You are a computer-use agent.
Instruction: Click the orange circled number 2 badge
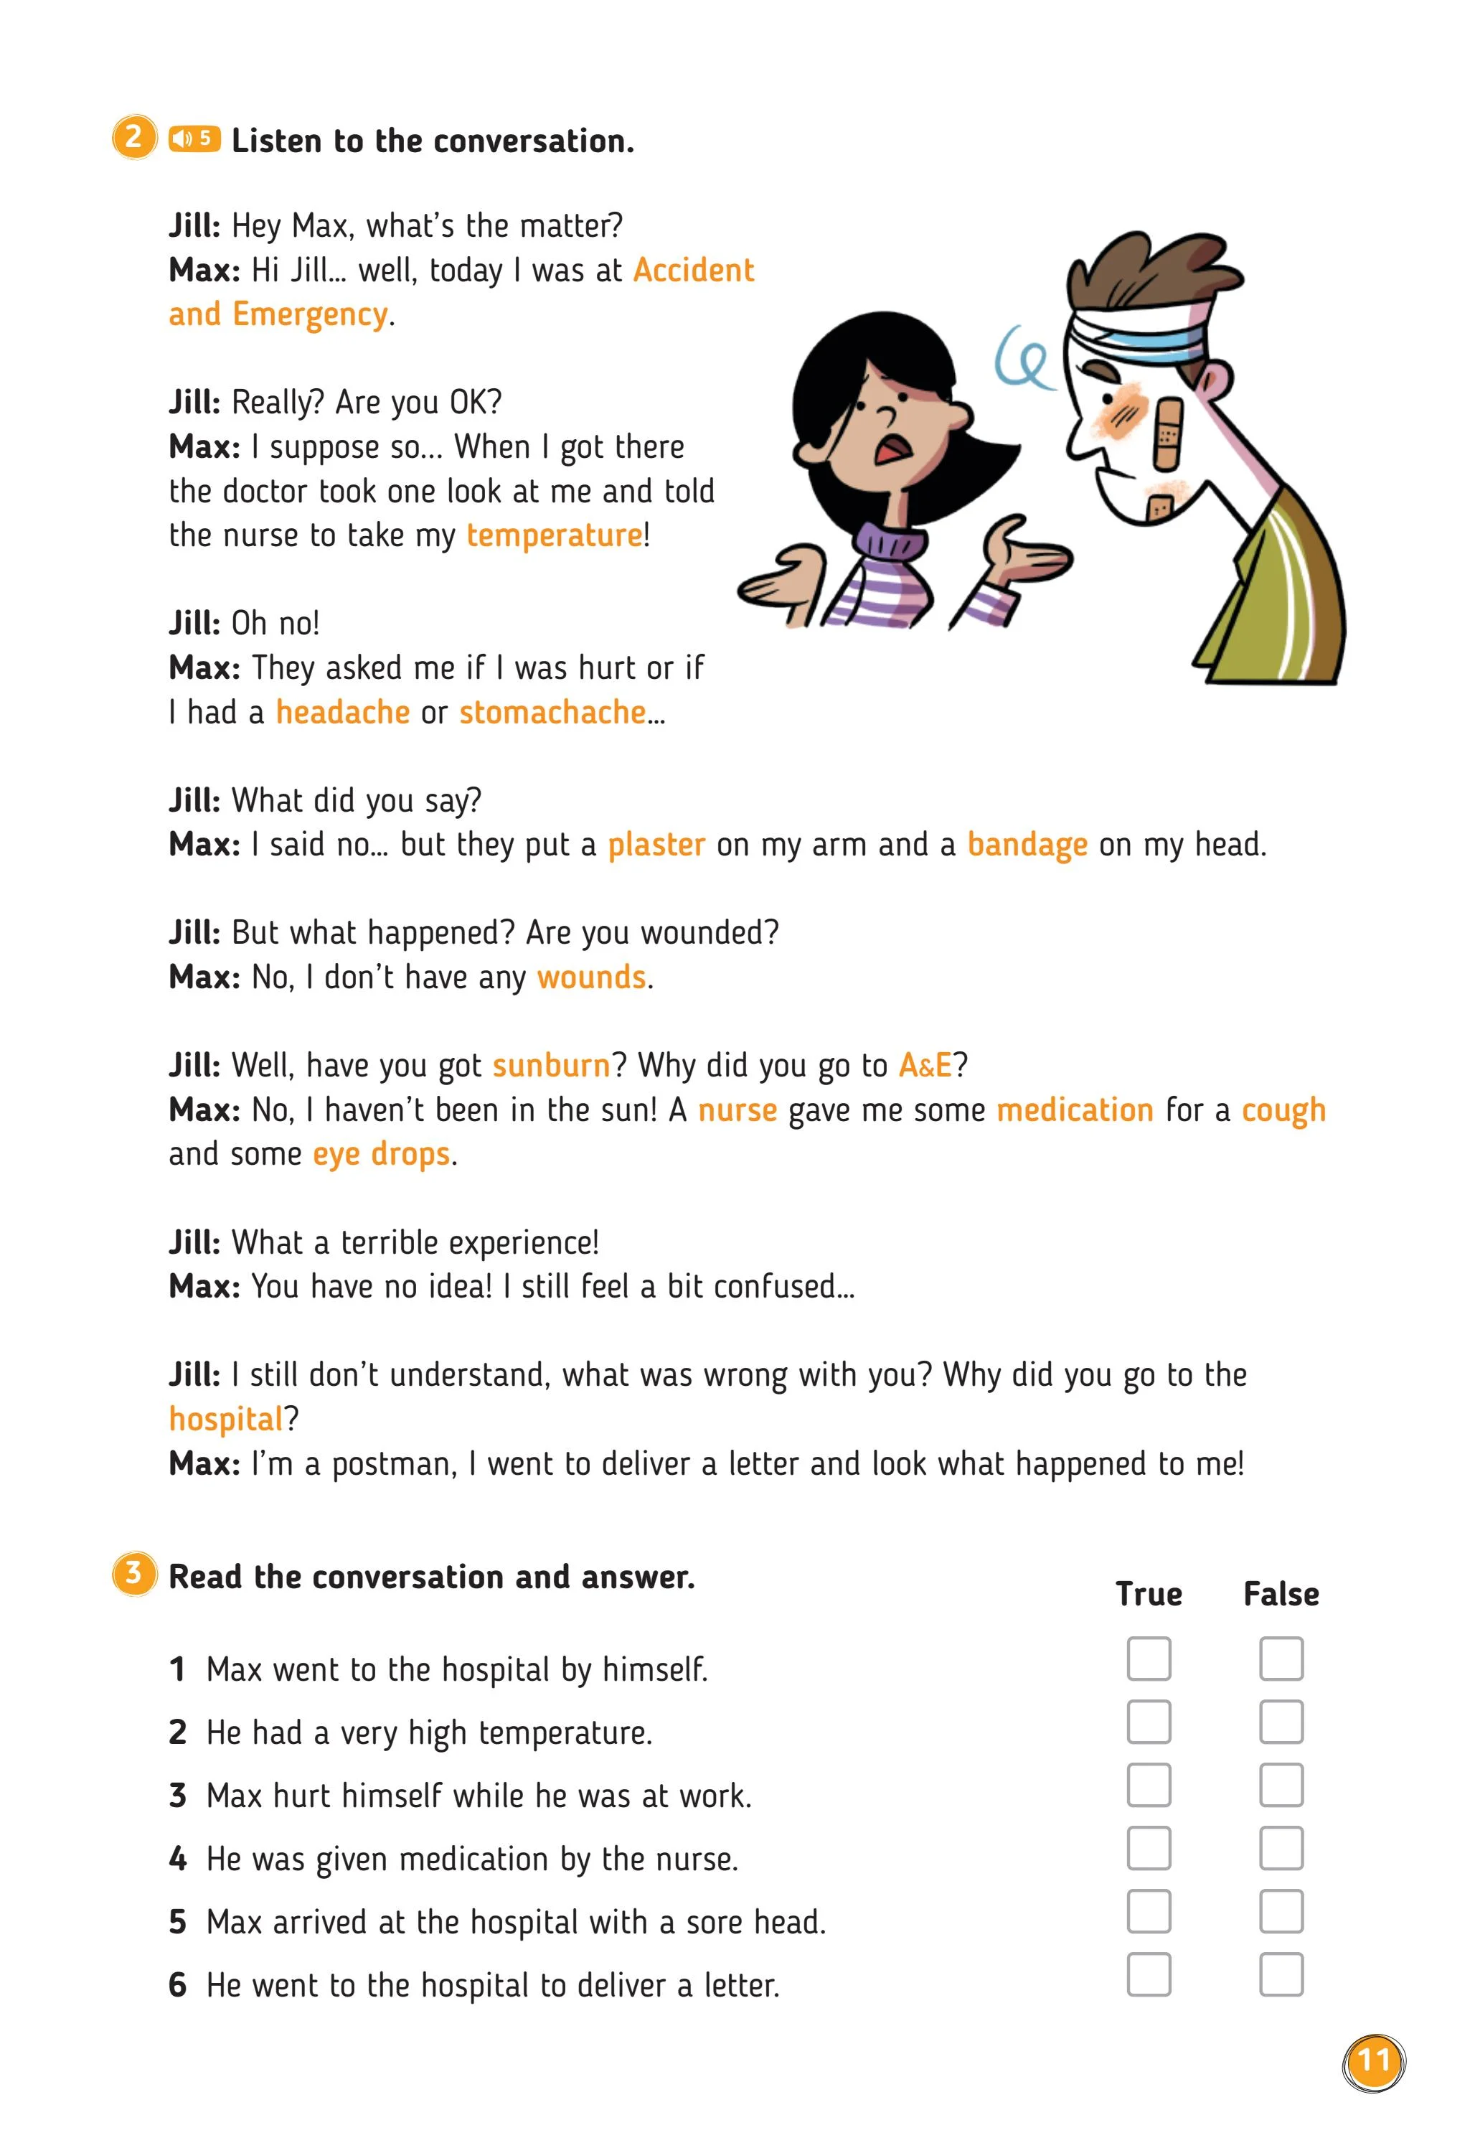(x=134, y=138)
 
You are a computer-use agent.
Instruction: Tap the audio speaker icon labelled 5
(x=194, y=139)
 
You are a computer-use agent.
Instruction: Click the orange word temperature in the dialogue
(x=554, y=535)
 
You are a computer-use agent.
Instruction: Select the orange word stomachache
(x=552, y=713)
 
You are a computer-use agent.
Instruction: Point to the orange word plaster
(x=656, y=845)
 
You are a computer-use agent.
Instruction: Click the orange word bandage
(x=1027, y=845)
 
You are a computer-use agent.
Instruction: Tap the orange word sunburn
(x=551, y=1066)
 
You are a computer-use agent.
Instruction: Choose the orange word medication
(x=1075, y=1110)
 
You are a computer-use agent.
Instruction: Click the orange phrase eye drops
(x=381, y=1155)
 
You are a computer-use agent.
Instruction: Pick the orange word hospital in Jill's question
(x=225, y=1420)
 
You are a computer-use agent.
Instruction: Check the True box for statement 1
(x=1149, y=1659)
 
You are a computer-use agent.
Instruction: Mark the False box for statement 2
(x=1281, y=1722)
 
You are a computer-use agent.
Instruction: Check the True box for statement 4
(x=1149, y=1849)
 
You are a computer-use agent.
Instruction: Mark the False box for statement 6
(x=1281, y=1975)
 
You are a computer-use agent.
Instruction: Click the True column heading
(x=1149, y=1595)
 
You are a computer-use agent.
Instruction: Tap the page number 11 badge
(x=1373, y=2061)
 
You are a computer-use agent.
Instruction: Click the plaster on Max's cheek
(x=1167, y=431)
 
